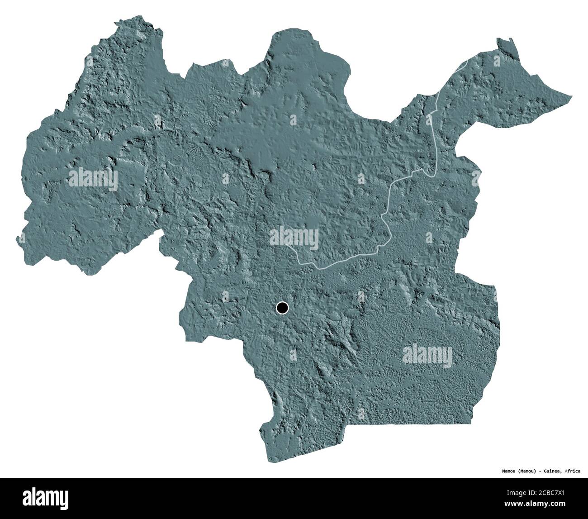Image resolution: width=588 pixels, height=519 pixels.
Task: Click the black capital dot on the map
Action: point(282,308)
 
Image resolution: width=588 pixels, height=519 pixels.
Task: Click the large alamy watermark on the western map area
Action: point(93,180)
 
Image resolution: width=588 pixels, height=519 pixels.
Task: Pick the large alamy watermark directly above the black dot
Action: point(294,238)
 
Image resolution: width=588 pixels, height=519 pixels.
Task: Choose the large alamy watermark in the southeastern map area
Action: point(427,355)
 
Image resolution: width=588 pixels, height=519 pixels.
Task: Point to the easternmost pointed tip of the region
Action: point(571,96)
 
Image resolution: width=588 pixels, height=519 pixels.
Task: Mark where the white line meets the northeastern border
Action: point(469,61)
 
